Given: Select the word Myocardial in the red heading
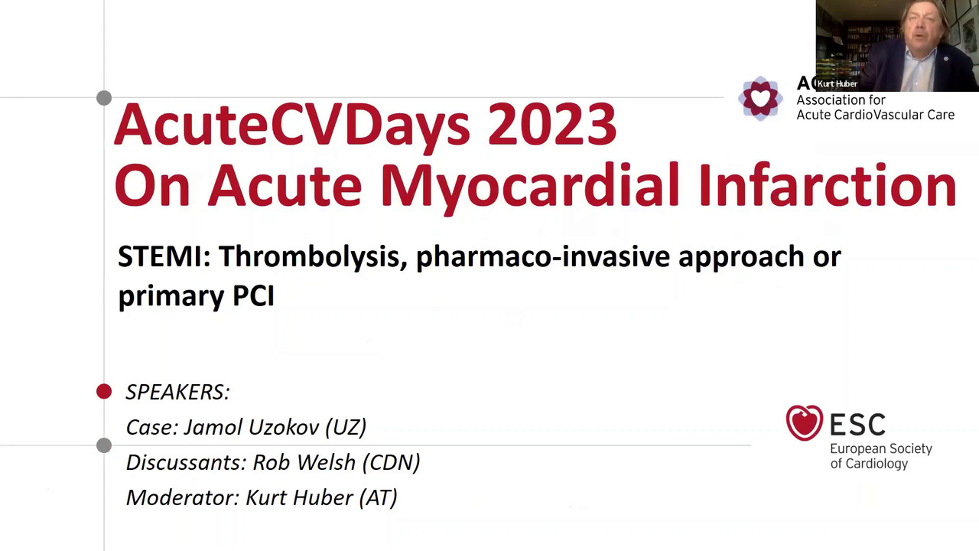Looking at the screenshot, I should click(x=529, y=186).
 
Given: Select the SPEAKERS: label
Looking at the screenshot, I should click(x=177, y=392).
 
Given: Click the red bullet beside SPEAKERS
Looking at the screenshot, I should click(x=104, y=392).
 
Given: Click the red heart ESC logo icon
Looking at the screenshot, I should click(x=804, y=423).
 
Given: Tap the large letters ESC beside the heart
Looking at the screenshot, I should click(x=857, y=424).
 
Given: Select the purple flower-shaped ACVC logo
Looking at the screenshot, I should click(x=759, y=99).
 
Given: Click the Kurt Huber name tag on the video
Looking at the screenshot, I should click(x=837, y=83).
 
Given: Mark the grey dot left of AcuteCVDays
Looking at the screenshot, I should click(x=104, y=98).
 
